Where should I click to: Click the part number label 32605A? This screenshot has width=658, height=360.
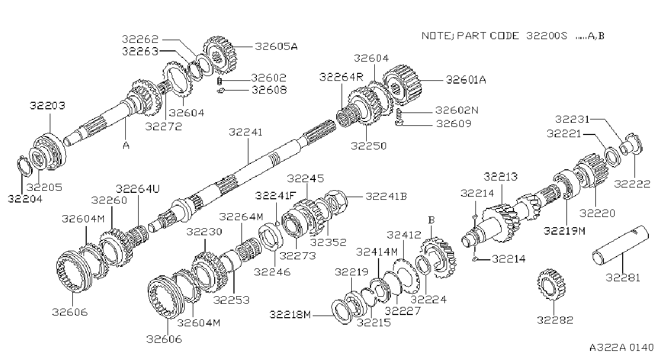(x=276, y=47)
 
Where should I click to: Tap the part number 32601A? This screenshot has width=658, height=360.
(x=466, y=80)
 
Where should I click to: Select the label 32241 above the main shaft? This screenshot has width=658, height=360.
(x=245, y=132)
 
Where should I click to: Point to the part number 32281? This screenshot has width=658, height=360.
(x=623, y=277)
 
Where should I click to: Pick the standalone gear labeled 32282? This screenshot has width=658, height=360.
(x=551, y=284)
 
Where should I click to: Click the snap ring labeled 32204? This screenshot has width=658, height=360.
(x=25, y=167)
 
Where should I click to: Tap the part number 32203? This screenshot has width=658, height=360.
(x=47, y=105)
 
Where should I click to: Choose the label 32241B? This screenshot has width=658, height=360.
(x=386, y=196)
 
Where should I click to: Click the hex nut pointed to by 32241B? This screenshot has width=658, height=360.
(x=336, y=202)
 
